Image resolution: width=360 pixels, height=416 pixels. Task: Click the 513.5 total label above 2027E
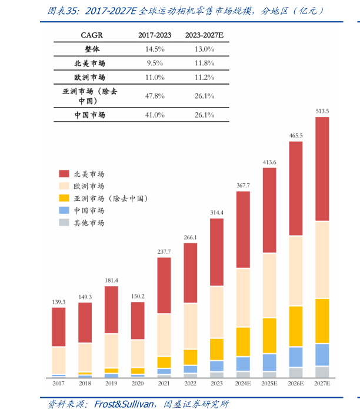[322, 110]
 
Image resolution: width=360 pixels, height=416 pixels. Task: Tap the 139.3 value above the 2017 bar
[59, 302]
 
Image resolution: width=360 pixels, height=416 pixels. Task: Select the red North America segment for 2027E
[322, 169]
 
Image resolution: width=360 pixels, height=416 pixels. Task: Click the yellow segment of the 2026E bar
[296, 326]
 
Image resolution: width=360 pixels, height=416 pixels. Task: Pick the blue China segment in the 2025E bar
[269, 362]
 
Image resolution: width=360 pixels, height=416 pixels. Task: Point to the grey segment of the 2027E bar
[322, 371]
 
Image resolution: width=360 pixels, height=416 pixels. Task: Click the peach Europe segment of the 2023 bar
[217, 312]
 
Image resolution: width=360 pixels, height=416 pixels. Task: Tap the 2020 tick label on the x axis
[138, 384]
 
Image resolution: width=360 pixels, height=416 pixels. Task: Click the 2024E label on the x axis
[243, 384]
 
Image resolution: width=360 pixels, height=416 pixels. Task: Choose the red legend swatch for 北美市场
[64, 174]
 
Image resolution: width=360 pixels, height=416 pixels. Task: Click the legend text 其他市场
[89, 223]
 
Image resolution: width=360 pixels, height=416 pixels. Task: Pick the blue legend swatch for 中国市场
[64, 210]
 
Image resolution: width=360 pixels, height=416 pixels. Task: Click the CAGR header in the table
[91, 35]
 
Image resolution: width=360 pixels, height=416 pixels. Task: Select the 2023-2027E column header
[204, 35]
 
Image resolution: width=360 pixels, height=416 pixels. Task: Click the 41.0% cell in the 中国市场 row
[155, 115]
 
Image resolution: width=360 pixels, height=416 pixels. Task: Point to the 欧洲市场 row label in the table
[89, 78]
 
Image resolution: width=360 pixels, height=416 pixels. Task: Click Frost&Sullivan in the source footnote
[124, 404]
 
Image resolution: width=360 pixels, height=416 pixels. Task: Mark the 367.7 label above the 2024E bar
[243, 185]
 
